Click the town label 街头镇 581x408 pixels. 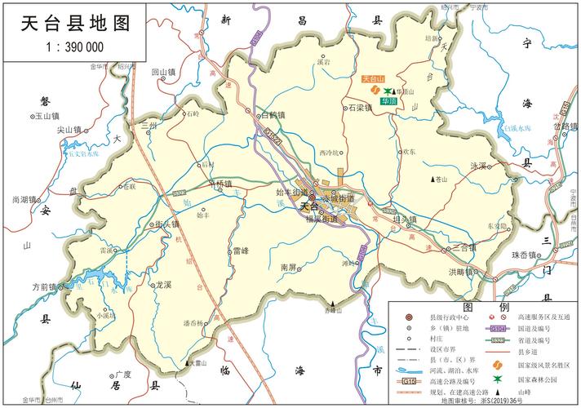coord(167,224)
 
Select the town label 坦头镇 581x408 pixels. coord(404,220)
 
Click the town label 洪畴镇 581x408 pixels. coord(461,271)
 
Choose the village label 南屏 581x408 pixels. coord(290,267)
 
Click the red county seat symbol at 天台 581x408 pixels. coord(312,196)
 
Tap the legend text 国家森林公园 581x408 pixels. coord(539,379)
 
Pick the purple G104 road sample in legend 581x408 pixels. coord(498,329)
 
